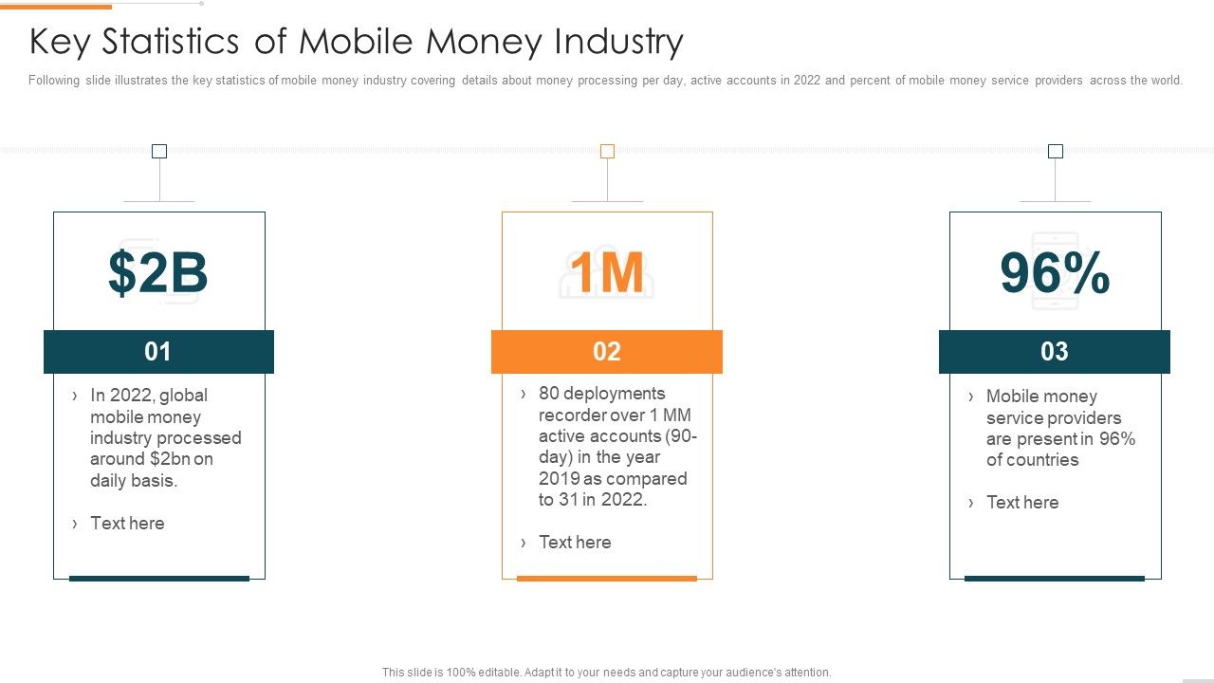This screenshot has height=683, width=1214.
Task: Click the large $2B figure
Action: click(x=157, y=273)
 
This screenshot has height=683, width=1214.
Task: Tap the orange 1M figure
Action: click(x=607, y=273)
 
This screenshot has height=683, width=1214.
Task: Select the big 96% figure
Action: click(x=1055, y=273)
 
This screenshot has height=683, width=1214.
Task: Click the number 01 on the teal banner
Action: click(x=157, y=352)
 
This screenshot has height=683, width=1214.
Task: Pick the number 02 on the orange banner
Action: click(x=607, y=352)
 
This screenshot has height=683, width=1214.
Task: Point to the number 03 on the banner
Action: click(x=1055, y=352)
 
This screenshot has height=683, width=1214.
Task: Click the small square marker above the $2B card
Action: click(x=159, y=151)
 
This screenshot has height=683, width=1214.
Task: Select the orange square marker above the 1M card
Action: click(x=607, y=151)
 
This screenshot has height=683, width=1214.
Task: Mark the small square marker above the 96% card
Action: click(x=1056, y=151)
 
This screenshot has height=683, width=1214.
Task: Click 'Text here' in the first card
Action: click(x=127, y=524)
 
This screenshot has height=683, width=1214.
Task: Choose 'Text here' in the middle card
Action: click(x=575, y=543)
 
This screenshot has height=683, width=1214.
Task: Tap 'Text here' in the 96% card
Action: click(x=1022, y=503)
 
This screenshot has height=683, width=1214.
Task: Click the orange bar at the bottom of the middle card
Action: click(x=607, y=578)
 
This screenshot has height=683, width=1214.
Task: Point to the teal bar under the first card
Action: click(x=159, y=578)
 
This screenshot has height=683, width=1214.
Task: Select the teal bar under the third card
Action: click(x=1055, y=578)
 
